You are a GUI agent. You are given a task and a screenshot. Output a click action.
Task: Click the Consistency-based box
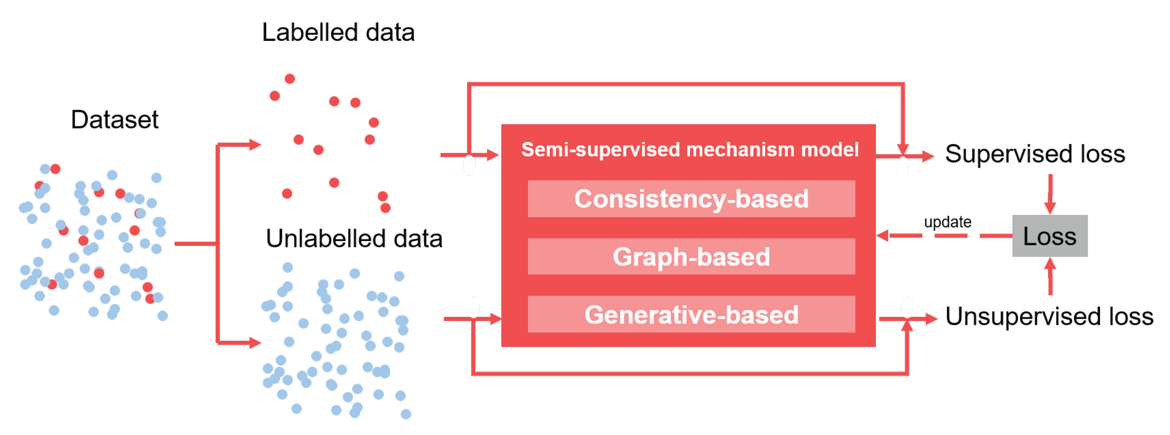(691, 199)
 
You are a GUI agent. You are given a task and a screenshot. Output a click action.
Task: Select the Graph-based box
(691, 256)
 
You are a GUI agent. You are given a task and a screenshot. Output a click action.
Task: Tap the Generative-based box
(691, 314)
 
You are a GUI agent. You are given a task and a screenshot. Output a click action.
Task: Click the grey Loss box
(1049, 236)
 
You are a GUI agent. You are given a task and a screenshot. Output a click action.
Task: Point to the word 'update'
(947, 222)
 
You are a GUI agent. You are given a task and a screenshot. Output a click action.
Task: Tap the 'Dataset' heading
(114, 120)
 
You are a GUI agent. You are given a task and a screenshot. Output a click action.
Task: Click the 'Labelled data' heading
(338, 33)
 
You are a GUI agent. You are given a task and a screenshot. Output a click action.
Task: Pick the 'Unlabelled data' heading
(354, 239)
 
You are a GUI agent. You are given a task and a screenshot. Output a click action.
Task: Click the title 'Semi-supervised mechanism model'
(690, 150)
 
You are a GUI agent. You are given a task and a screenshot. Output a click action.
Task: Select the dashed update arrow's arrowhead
(883, 235)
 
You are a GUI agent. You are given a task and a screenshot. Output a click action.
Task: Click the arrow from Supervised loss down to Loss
(1050, 195)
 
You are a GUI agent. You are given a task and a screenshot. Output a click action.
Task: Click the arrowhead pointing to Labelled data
(255, 145)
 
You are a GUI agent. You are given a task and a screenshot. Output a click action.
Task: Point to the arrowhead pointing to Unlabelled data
(255, 343)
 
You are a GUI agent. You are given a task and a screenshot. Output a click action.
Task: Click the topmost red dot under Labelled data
(290, 79)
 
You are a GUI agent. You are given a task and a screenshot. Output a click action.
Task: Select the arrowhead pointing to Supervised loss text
(927, 156)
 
